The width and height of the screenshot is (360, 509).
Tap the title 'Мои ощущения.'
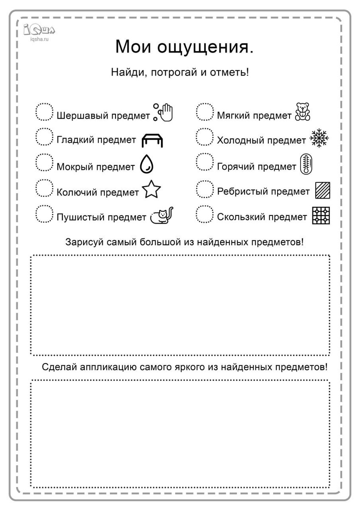tap(184, 47)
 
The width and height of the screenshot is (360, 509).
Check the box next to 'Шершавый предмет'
tap(44, 112)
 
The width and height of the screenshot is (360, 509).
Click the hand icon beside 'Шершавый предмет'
tap(164, 112)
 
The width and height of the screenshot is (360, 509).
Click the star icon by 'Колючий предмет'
tap(152, 190)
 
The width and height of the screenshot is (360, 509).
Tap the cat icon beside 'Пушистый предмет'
tap(162, 215)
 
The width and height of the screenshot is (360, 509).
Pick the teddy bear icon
tap(302, 112)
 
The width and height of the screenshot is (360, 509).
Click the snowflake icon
tap(319, 138)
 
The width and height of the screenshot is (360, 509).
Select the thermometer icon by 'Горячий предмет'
tap(306, 165)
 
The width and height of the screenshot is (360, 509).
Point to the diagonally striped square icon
tap(323, 190)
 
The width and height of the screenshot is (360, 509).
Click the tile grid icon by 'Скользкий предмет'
tap(321, 216)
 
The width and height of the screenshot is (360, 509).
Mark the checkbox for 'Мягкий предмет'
tap(205, 112)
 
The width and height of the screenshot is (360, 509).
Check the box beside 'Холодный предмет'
tap(205, 137)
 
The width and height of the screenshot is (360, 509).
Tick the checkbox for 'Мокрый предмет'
tap(44, 163)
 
